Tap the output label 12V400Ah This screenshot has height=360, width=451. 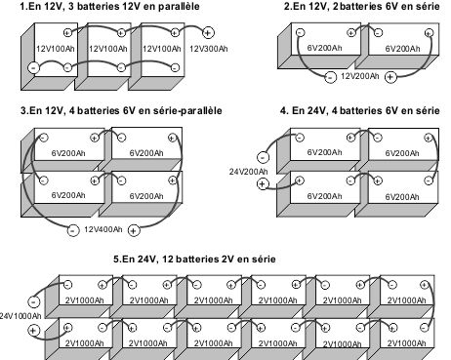(102, 230)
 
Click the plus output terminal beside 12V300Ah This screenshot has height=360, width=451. (234, 32)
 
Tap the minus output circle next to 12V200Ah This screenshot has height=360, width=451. (330, 76)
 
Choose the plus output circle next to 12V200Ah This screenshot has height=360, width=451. (390, 76)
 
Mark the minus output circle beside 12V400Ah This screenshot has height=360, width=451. (73, 230)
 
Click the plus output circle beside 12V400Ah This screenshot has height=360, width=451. (134, 230)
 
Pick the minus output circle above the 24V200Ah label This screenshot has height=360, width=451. (264, 155)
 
